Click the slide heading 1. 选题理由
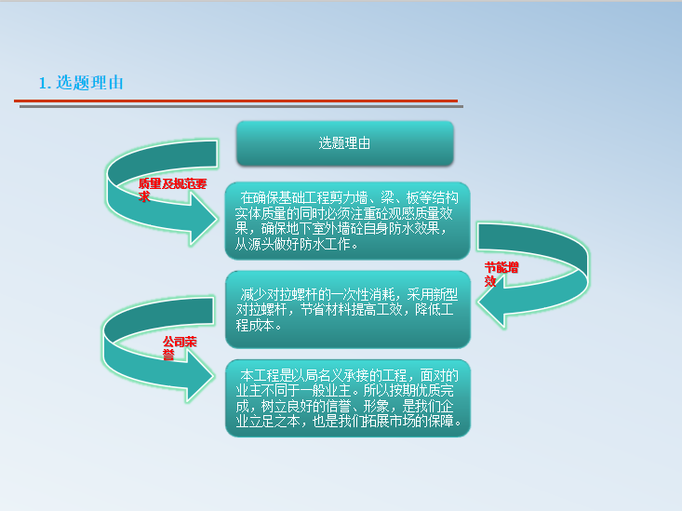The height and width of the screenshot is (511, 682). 81,83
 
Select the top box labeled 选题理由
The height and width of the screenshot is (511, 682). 344,143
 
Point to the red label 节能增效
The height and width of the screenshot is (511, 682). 500,273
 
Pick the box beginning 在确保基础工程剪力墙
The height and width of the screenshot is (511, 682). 347,221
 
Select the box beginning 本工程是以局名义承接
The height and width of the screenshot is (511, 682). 347,397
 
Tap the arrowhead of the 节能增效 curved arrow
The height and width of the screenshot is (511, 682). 493,303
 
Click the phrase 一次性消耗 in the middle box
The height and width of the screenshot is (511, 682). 354,294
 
